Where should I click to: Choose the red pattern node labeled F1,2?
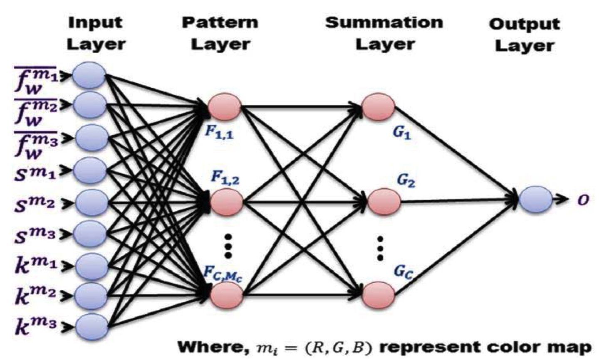coord(226,201)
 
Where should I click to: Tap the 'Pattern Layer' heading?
coord(220,33)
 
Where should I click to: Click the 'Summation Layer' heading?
coord(384,33)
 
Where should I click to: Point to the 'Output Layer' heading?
coord(524,35)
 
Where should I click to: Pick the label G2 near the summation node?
coord(406,181)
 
